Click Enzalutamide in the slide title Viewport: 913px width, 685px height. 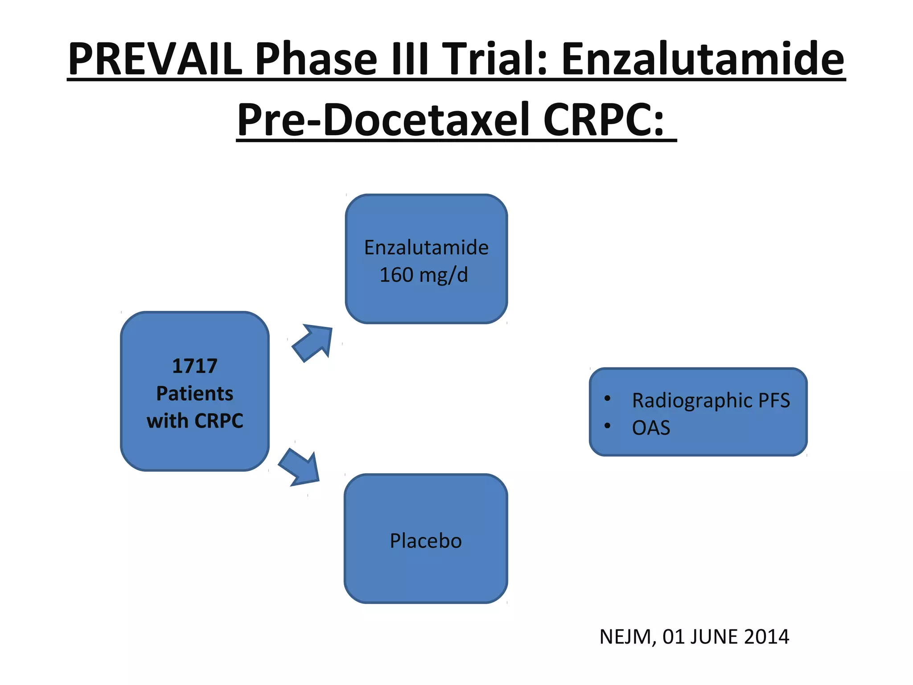(703, 59)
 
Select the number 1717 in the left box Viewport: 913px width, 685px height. (195, 366)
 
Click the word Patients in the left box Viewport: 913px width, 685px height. (195, 393)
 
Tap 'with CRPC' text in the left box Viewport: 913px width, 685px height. (195, 421)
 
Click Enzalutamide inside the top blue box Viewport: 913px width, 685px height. (426, 248)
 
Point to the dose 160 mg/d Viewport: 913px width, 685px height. (424, 275)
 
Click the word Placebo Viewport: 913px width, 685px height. (426, 541)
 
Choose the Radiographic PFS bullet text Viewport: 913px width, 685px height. (711, 400)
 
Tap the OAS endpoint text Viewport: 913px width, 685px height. (651, 428)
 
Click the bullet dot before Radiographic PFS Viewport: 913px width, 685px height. (607, 398)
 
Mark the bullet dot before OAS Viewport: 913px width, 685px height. (607, 426)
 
